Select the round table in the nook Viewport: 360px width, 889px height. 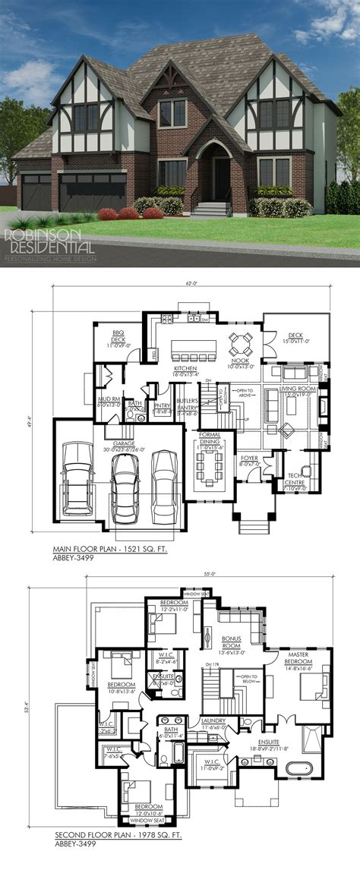tap(242, 344)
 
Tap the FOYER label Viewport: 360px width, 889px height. tap(250, 458)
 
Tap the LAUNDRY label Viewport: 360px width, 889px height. tap(213, 722)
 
